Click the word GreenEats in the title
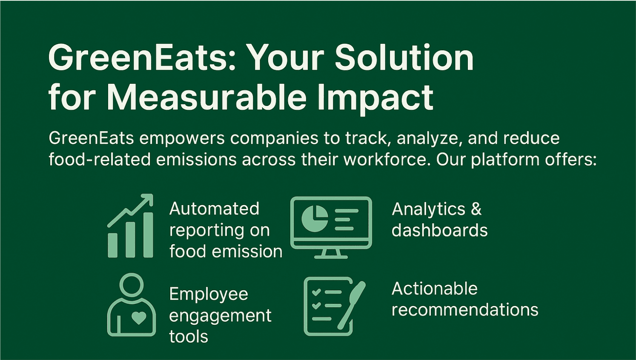click(x=139, y=58)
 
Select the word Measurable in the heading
click(x=206, y=97)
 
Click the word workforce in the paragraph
click(x=385, y=160)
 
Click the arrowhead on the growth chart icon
click(x=147, y=199)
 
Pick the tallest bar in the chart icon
click(x=148, y=235)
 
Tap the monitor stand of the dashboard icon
click(x=331, y=254)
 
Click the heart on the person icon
click(x=139, y=317)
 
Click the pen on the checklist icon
click(x=352, y=305)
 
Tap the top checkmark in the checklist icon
click(x=316, y=292)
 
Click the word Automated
click(x=214, y=209)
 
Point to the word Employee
click(x=209, y=294)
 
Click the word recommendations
click(x=465, y=310)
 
